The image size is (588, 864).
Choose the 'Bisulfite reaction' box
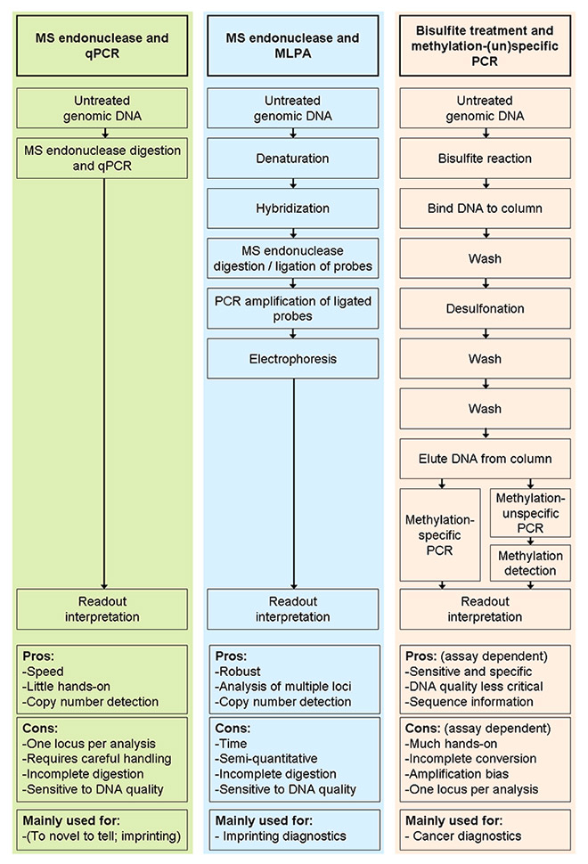coord(486,158)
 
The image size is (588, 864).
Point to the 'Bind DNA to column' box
coord(486,208)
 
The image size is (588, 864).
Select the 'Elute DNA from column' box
coord(486,461)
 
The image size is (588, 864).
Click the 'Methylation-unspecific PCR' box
coord(530,512)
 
